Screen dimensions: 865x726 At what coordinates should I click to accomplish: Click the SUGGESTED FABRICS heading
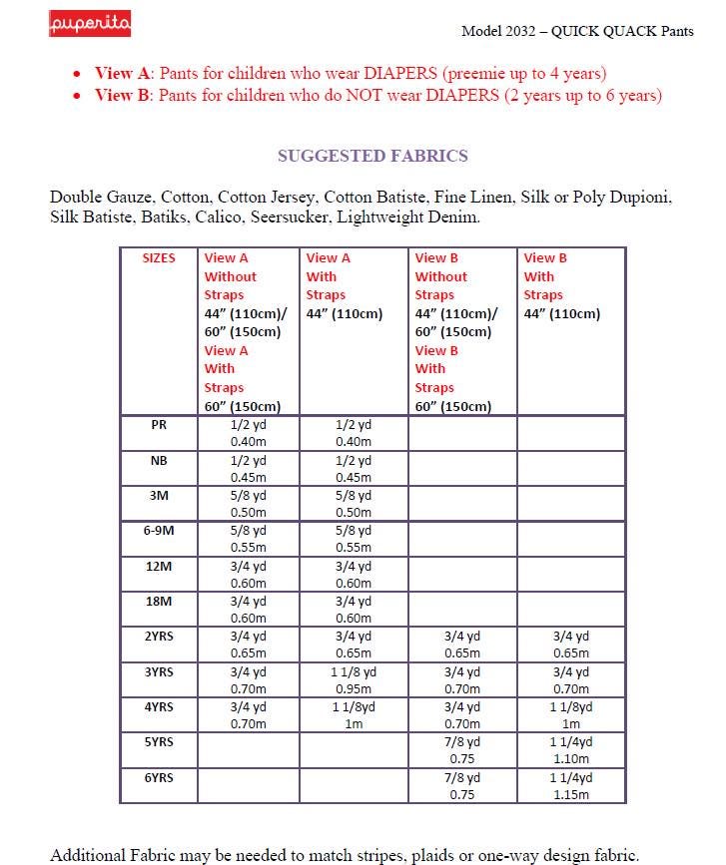372,156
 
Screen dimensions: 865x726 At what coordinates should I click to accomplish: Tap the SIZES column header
159,257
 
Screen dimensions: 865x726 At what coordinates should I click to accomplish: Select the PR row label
159,424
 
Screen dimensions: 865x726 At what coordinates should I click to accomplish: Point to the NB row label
159,460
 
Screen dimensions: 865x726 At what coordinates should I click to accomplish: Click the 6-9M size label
159,531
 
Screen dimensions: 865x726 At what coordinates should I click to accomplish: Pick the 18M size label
159,602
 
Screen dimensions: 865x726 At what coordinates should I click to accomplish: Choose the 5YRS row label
159,742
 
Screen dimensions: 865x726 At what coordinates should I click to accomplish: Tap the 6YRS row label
159,777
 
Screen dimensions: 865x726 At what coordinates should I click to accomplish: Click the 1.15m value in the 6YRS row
571,795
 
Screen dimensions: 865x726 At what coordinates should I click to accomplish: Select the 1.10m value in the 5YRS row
571,759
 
